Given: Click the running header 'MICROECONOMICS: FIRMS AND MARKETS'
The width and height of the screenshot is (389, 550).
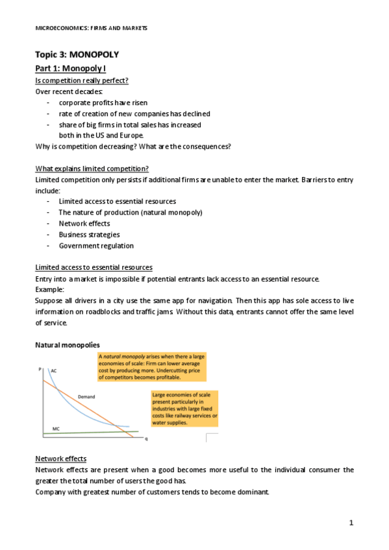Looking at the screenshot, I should pos(90,29).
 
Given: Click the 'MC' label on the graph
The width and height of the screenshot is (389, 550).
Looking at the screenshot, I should pos(56,429).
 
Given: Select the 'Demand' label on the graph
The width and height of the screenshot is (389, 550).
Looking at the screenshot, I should pos(86,396).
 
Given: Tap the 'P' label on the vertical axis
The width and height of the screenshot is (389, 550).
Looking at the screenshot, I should pos(40,369).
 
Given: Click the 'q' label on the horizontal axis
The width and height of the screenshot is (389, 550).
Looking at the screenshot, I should pos(146,438).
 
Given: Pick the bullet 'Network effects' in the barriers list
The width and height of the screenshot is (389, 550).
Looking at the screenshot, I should pos(84,223).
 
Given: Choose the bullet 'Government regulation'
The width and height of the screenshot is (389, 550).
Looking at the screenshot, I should pos(96,246).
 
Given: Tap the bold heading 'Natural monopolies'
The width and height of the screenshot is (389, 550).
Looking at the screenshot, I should pos(68,344).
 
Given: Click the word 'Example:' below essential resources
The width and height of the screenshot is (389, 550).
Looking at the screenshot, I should pos(49,290).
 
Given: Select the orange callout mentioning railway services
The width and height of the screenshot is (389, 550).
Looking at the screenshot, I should pos(184,408).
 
